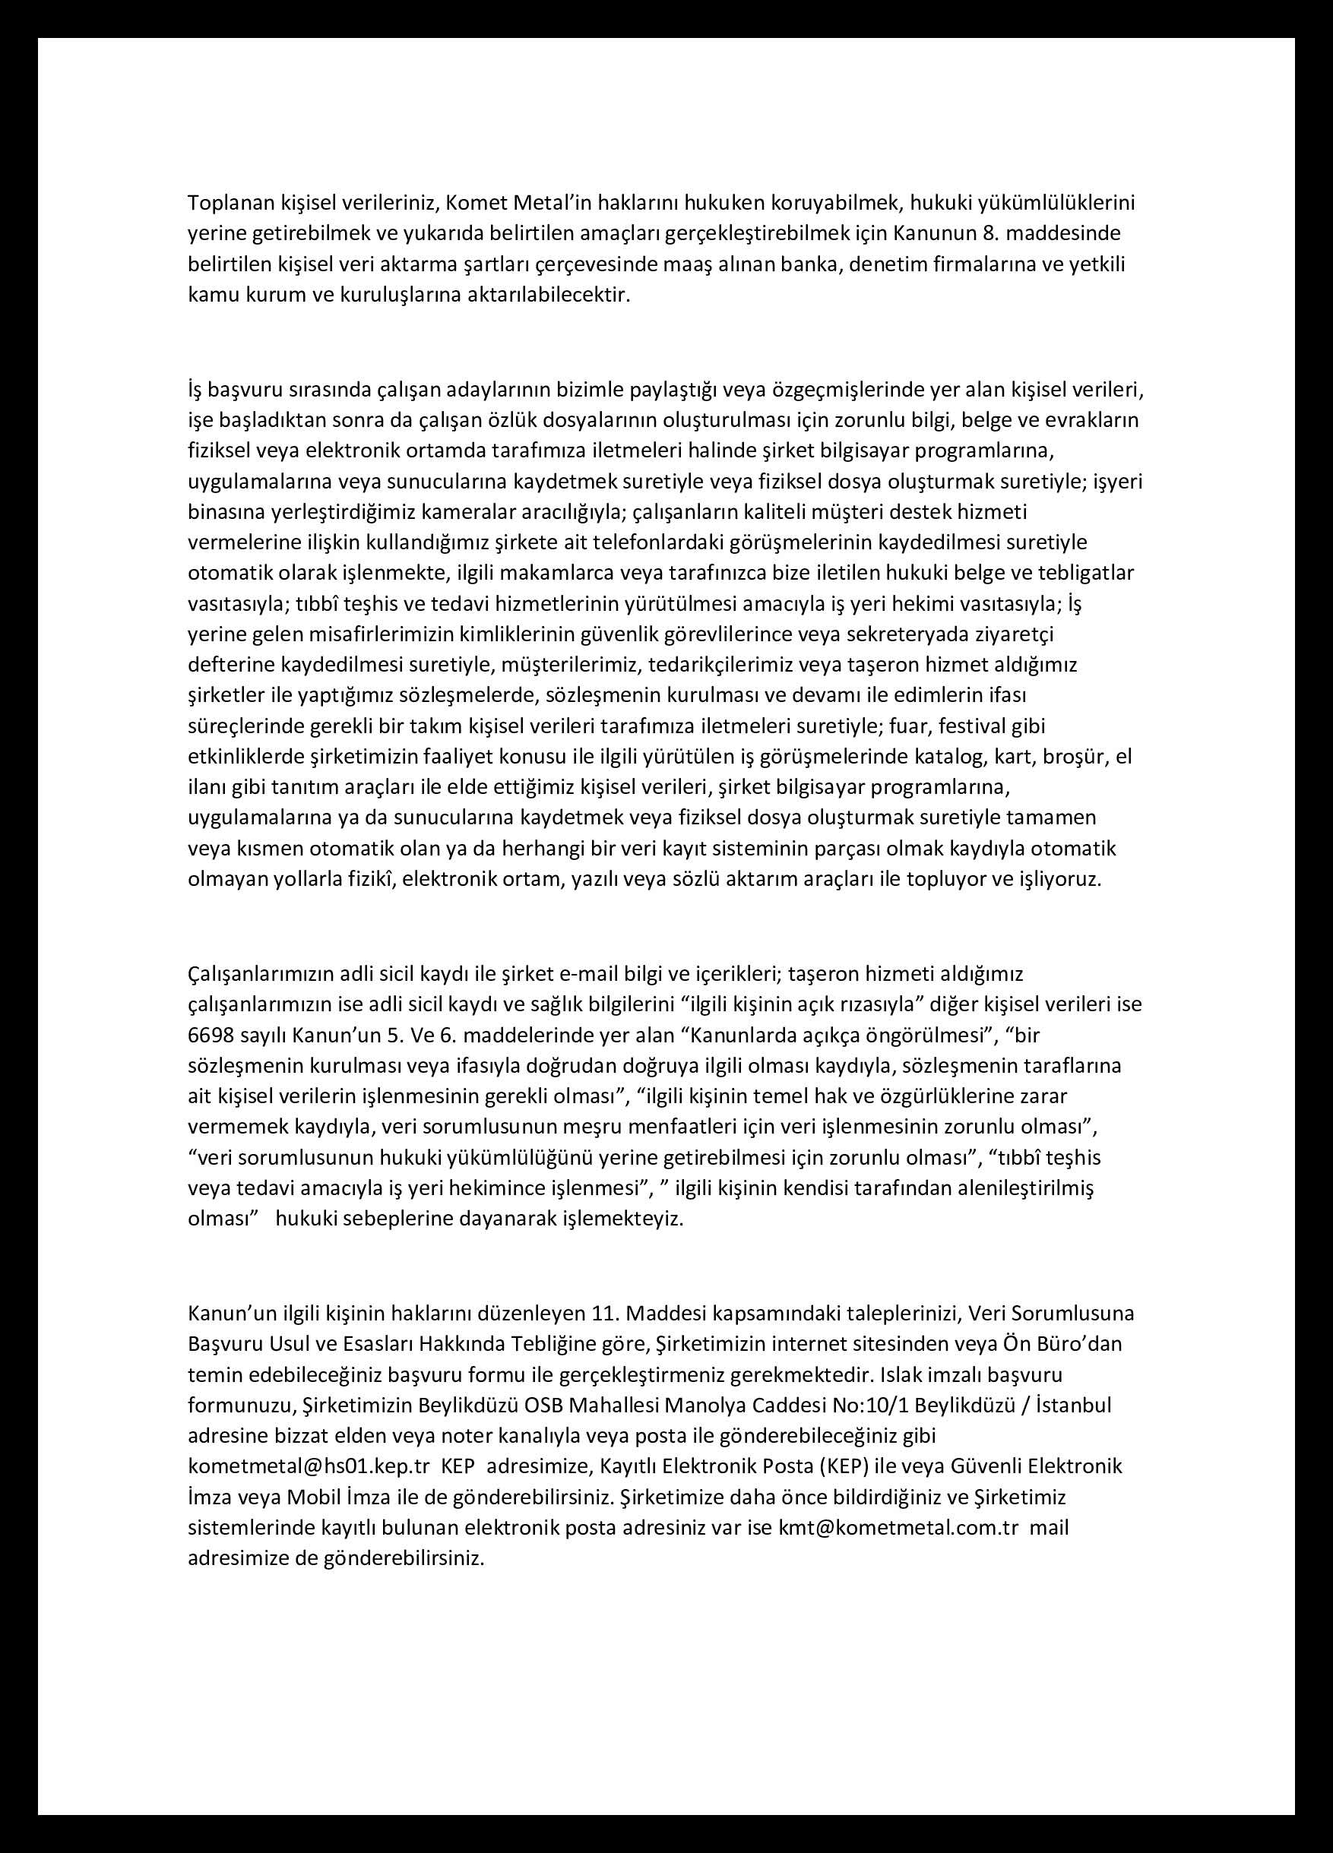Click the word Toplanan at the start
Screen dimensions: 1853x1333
[x=226, y=203]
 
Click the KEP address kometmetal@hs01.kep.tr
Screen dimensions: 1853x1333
[x=308, y=1466]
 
